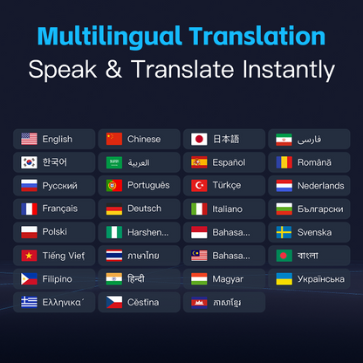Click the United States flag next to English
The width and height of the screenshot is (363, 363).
29,139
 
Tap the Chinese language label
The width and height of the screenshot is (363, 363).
144,139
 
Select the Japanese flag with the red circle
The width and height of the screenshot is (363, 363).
198,139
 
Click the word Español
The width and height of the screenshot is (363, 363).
229,162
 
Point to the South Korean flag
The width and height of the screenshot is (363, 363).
29,162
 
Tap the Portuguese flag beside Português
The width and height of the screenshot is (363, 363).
113,186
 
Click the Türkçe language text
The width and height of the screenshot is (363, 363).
229,186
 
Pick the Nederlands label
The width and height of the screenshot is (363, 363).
321,186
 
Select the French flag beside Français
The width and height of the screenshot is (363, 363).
29,209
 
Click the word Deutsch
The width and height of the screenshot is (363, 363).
144,209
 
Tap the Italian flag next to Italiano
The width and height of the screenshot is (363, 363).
198,209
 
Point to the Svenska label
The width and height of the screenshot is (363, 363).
315,233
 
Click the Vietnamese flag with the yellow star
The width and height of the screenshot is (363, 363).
29,256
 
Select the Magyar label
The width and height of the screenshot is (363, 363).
229,279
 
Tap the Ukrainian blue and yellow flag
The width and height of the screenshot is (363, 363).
284,279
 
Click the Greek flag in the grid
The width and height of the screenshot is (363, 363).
29,303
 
